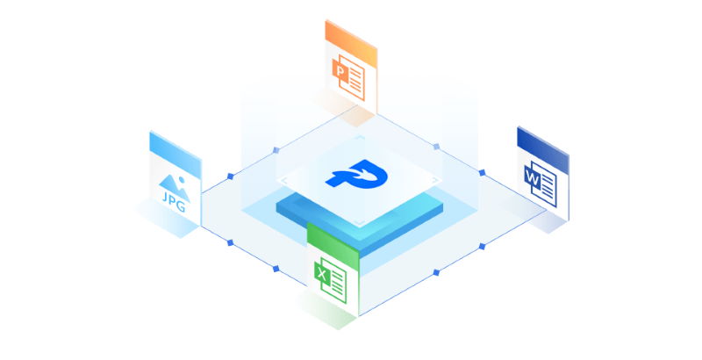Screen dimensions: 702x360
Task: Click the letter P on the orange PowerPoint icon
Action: pyautogui.click(x=340, y=72)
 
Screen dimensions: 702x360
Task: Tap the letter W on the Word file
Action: pyautogui.click(x=533, y=178)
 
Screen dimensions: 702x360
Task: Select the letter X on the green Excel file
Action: pyautogui.click(x=321, y=273)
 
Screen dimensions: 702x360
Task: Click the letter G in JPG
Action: pyautogui.click(x=181, y=206)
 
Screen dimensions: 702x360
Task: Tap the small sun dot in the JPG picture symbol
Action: pyautogui.click(x=181, y=179)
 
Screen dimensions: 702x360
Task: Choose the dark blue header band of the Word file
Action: pyautogui.click(x=542, y=150)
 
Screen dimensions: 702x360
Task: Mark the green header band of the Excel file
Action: pyautogui.click(x=333, y=241)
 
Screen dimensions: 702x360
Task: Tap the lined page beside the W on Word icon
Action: pyautogui.click(x=545, y=184)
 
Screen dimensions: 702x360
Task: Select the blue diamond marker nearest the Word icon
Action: pyautogui.click(x=482, y=172)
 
